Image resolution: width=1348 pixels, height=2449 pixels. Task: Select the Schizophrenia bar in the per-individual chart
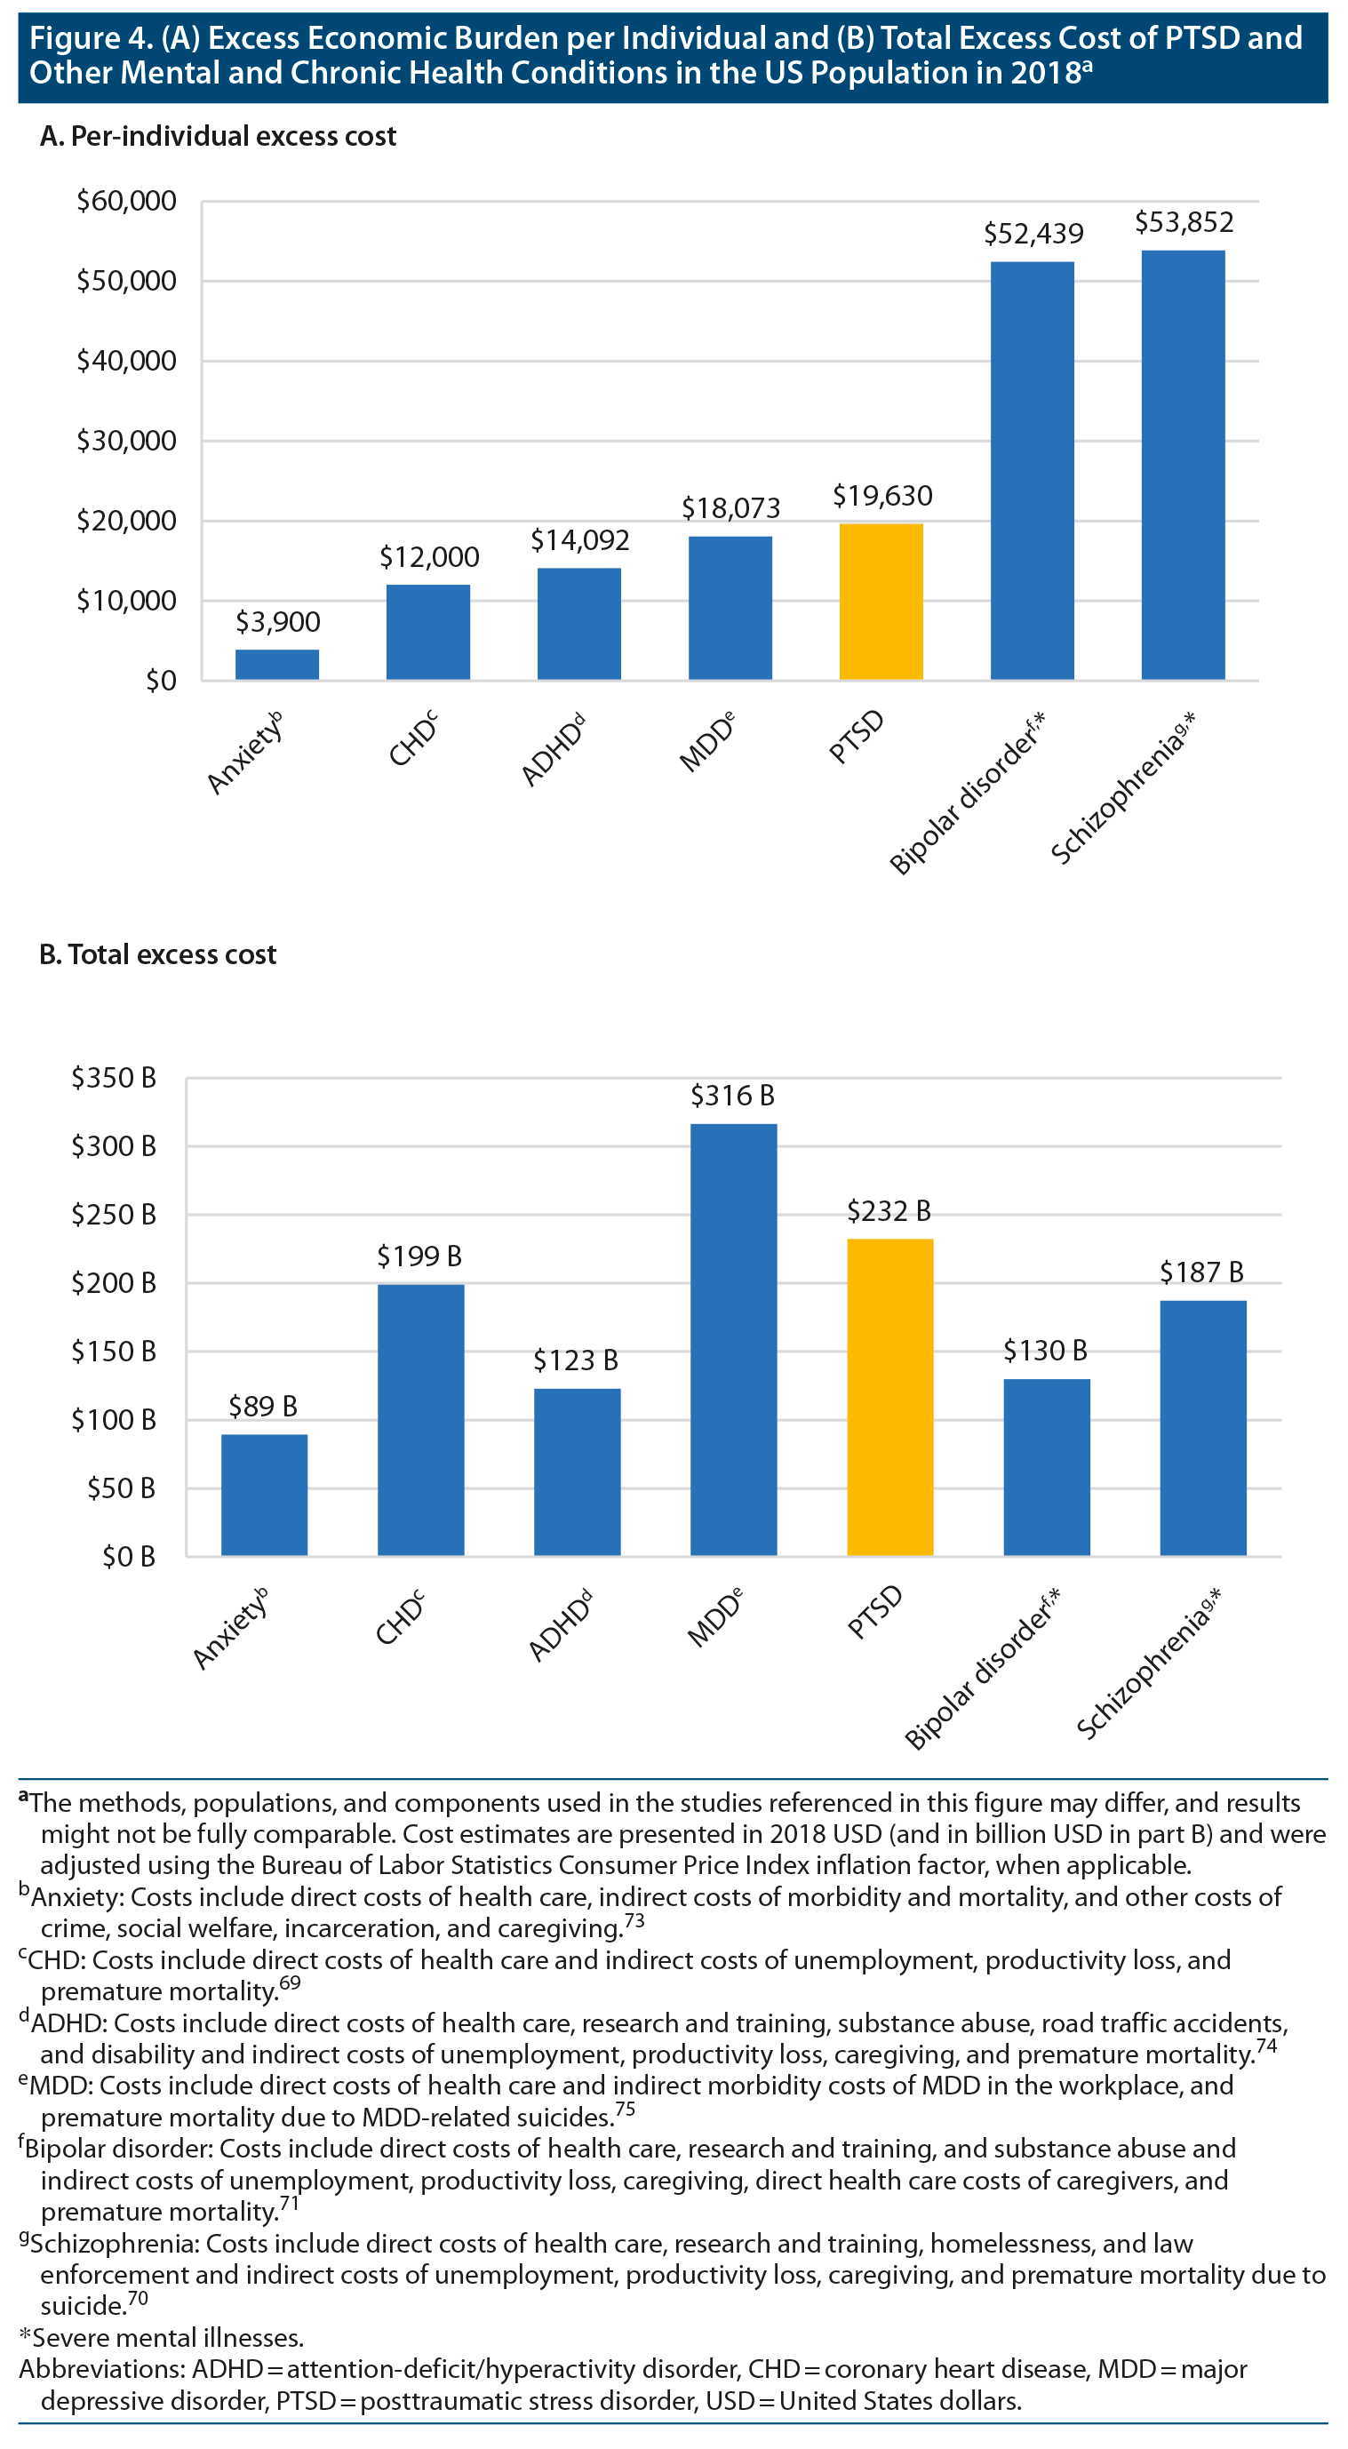click(x=1183, y=465)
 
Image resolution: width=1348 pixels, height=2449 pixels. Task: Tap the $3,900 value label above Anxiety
click(x=277, y=622)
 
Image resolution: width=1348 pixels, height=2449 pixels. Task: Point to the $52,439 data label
click(x=1033, y=233)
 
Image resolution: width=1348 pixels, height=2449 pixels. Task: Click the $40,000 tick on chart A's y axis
click(x=126, y=362)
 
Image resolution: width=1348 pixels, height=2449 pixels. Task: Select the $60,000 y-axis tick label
click(x=126, y=201)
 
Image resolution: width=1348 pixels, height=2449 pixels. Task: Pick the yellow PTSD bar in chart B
click(x=889, y=1397)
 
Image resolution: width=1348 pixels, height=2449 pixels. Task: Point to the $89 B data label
click(x=263, y=1406)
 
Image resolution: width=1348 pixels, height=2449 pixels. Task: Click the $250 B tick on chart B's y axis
click(x=114, y=1214)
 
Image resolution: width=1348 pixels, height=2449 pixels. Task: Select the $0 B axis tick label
click(x=129, y=1556)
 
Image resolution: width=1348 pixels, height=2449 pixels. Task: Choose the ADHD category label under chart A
click(x=554, y=750)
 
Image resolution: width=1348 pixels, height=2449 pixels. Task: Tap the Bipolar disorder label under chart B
click(x=980, y=1669)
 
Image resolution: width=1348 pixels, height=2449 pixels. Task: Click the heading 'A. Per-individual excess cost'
click(x=218, y=136)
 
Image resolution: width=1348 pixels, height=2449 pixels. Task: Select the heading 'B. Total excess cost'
click(x=158, y=954)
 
